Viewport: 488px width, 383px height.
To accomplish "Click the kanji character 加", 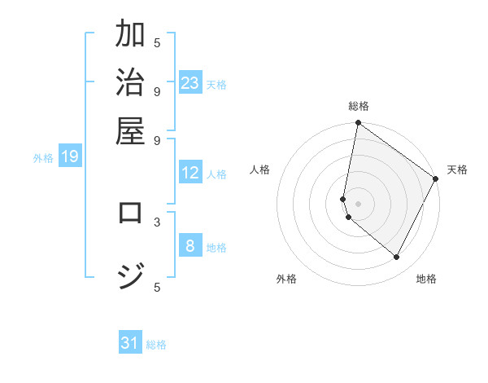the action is tap(130, 36).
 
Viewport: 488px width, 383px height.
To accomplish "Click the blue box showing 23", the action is tap(190, 83).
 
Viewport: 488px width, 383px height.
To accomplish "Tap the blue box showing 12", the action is tap(190, 173).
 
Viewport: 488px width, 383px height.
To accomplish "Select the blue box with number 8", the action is tap(190, 246).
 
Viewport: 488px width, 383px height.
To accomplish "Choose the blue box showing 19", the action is tap(70, 156).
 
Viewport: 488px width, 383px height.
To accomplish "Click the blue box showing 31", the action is tap(130, 343).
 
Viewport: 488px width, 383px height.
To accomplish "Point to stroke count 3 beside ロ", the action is tap(157, 221).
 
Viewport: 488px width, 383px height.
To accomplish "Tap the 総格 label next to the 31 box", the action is tap(156, 345).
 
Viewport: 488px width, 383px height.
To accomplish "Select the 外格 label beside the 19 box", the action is tap(43, 158).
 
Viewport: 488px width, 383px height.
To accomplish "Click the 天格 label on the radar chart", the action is tap(457, 169).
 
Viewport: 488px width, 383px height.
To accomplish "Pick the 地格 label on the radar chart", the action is tap(426, 279).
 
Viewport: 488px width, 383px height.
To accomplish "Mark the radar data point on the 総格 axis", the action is tap(358, 124).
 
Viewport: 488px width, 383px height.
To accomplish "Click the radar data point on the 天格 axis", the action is tap(436, 179).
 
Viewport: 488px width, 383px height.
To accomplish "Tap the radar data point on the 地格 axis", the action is tap(397, 258).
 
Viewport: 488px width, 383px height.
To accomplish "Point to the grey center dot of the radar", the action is tap(358, 204).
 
